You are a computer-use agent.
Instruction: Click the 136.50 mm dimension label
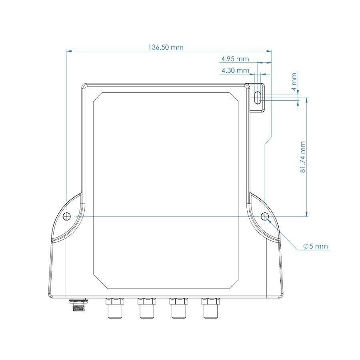point(166,47)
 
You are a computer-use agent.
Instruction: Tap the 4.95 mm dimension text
point(235,59)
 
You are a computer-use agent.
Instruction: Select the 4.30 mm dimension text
point(235,70)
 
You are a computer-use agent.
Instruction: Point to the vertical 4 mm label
point(294,82)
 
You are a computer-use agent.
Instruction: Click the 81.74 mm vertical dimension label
point(303,157)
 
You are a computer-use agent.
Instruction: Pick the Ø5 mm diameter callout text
point(316,246)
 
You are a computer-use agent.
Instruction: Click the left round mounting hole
point(67,216)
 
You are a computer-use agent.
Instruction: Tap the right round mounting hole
point(265,216)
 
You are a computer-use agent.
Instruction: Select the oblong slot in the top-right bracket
point(258,98)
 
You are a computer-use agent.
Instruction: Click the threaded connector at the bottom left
point(79,304)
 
